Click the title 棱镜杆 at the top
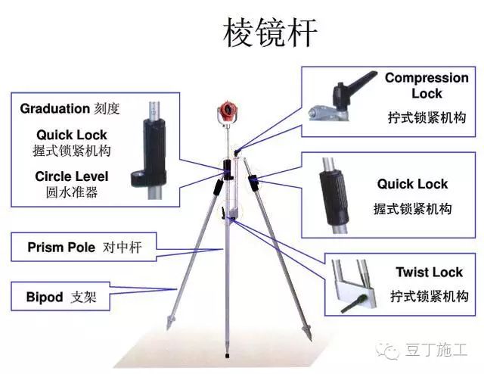pos(270,33)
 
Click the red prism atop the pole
pos(228,110)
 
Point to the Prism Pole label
pos(61,247)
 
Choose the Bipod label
pos(45,297)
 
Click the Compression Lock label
pos(427,86)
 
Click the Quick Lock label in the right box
pos(412,184)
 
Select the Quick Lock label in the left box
pos(71,136)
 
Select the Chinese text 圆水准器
pos(71,192)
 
